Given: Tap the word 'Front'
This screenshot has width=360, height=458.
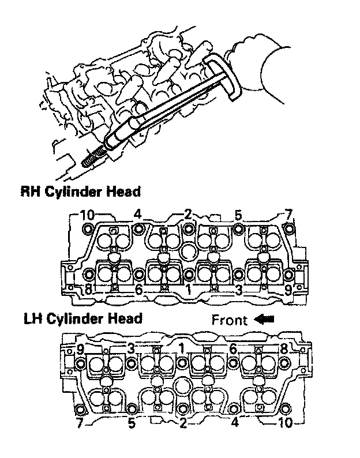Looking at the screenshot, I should tap(229, 320).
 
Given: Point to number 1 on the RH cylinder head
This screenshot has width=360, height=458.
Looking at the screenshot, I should tap(188, 290).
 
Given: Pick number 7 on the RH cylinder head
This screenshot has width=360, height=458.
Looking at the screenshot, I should tap(288, 215).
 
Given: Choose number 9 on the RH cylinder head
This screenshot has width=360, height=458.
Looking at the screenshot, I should tap(288, 290).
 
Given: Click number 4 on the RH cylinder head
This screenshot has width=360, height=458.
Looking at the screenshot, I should tap(137, 215).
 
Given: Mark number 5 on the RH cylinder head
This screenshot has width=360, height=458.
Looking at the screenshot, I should tap(238, 215).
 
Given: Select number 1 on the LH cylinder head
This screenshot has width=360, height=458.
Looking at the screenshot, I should tap(182, 348).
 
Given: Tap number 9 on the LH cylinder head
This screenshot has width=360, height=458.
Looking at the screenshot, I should tap(81, 348).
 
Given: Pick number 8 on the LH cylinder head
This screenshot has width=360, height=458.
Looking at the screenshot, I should tap(284, 348).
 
